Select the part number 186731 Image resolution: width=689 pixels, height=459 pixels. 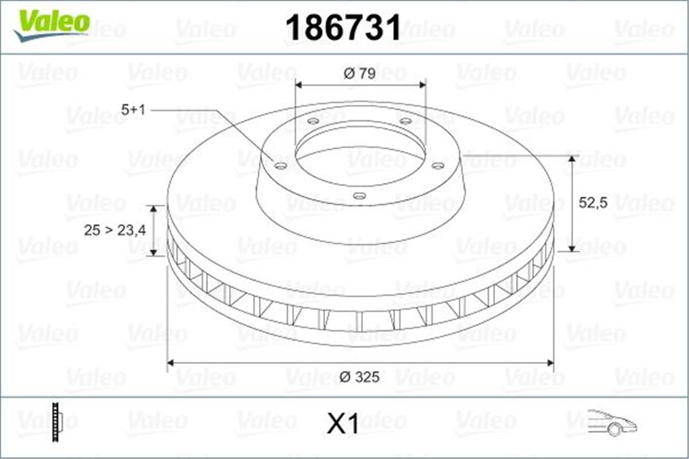(343, 27)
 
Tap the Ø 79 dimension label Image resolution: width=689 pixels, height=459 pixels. (359, 74)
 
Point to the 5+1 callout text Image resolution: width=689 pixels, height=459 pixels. (133, 110)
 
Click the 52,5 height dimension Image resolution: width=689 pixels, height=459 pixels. (593, 203)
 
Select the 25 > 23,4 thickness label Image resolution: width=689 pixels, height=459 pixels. (115, 231)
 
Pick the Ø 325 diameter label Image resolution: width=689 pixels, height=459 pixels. (359, 378)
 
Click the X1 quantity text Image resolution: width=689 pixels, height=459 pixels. (343, 425)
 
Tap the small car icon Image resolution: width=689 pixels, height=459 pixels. (611, 422)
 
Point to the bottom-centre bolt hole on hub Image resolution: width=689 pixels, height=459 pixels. (359, 196)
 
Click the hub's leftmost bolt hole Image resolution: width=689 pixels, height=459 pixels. (281, 166)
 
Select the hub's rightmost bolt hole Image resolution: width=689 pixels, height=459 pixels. (438, 166)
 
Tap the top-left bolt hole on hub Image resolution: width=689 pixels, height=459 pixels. (313, 121)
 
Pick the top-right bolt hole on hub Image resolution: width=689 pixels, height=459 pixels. (405, 121)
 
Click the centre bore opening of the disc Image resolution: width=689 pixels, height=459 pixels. (359, 152)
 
